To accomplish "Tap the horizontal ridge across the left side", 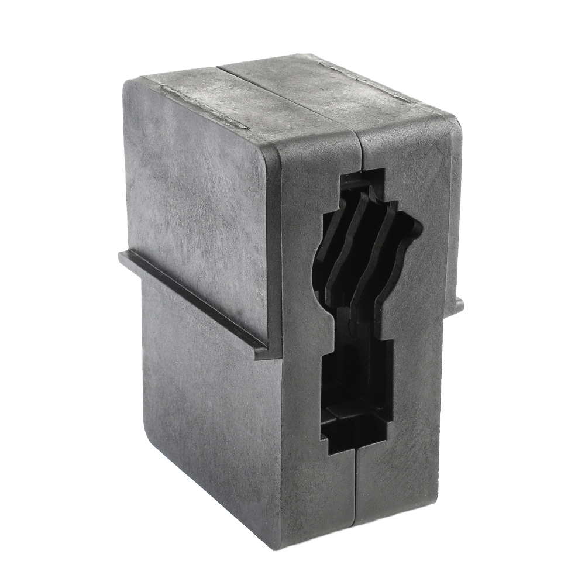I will [193, 298].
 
